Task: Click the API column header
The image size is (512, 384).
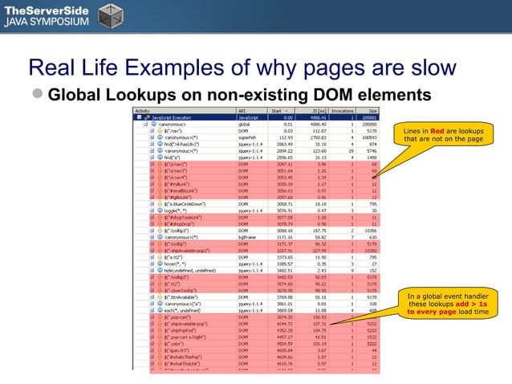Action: tap(242, 111)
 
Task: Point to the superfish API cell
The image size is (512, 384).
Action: tap(247, 137)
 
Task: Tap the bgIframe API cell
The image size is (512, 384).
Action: tap(246, 237)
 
